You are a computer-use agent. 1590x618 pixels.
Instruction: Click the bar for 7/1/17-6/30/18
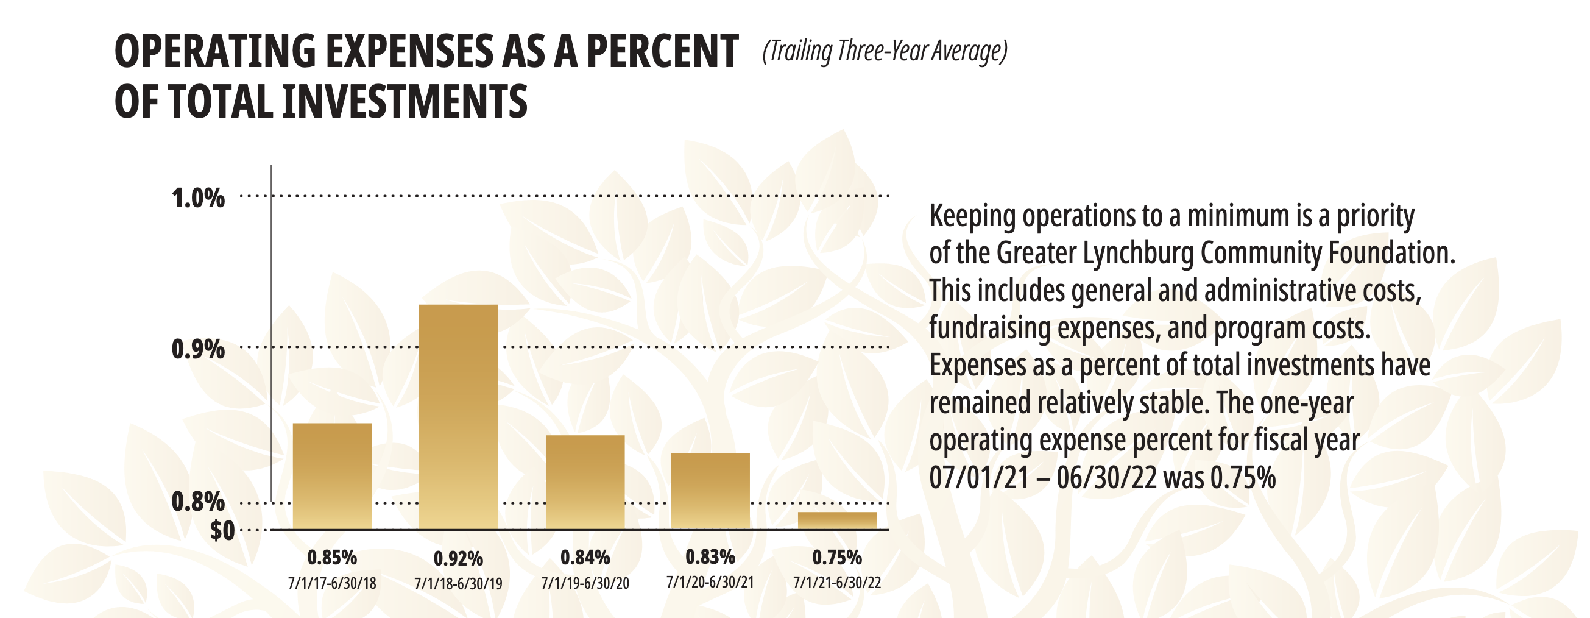tap(332, 475)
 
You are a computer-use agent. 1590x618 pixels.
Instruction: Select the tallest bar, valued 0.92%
tap(458, 417)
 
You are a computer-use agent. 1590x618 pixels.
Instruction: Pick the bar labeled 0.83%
tap(710, 491)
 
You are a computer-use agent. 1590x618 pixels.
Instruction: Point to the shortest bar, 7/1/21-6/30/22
tap(837, 520)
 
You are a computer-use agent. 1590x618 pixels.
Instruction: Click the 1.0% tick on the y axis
tap(198, 199)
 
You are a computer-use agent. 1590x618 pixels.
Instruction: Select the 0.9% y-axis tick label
tap(198, 349)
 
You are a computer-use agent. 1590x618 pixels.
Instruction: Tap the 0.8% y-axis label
tap(198, 502)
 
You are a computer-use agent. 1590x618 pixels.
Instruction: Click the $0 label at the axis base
tap(222, 530)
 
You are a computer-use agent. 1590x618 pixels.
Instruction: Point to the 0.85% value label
tap(332, 558)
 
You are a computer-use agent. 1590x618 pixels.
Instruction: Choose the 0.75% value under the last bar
tap(837, 558)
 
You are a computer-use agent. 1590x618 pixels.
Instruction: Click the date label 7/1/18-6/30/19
tap(458, 583)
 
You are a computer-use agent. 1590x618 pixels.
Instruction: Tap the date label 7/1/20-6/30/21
tap(710, 582)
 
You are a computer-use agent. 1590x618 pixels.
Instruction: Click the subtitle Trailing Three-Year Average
tap(885, 51)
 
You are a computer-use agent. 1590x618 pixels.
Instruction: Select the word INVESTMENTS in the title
tap(405, 102)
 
